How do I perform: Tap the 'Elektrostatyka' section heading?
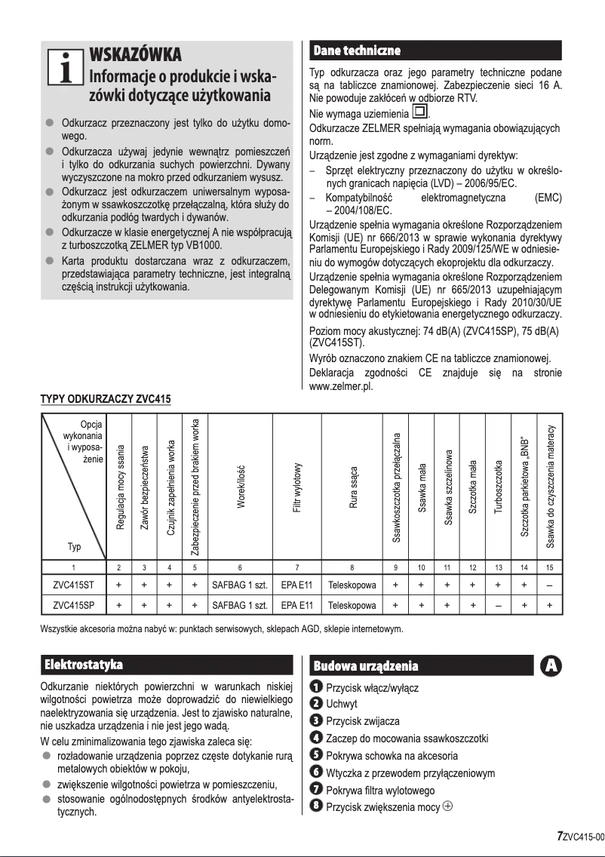point(84,665)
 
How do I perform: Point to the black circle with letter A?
point(551,665)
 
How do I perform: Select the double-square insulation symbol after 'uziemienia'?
point(419,114)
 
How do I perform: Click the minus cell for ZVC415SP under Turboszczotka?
point(497,605)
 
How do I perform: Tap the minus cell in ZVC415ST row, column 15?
point(550,584)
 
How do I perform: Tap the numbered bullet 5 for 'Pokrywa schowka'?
point(318,755)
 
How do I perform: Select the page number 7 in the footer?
point(559,835)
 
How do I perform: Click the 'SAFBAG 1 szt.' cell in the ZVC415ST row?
point(239,584)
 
